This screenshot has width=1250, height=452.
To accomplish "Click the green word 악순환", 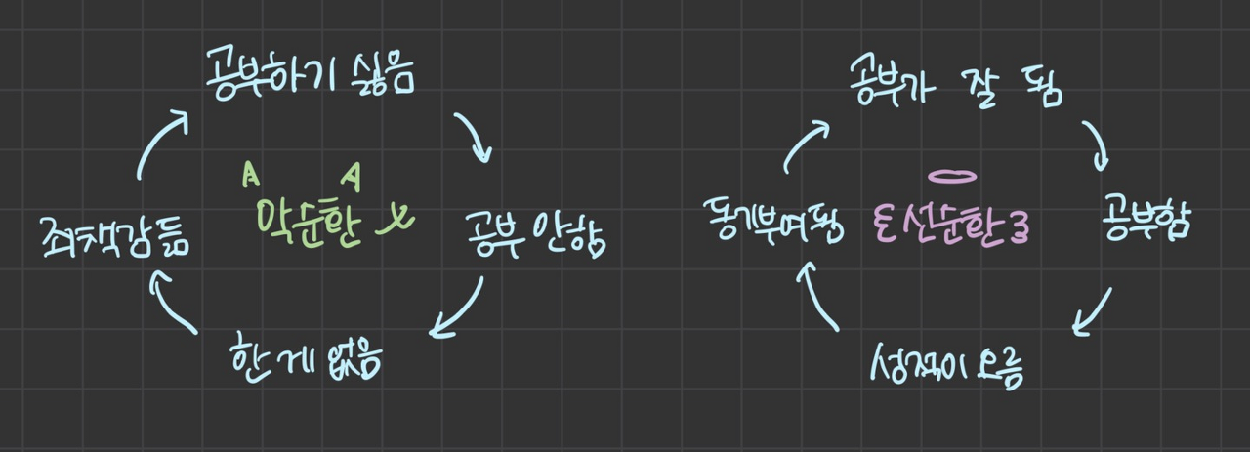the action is [309, 224].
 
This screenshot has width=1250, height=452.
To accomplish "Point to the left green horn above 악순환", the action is [251, 175].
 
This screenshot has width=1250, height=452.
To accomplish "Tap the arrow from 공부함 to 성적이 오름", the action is [1093, 311].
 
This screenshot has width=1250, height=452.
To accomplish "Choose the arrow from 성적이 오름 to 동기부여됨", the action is [818, 296].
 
